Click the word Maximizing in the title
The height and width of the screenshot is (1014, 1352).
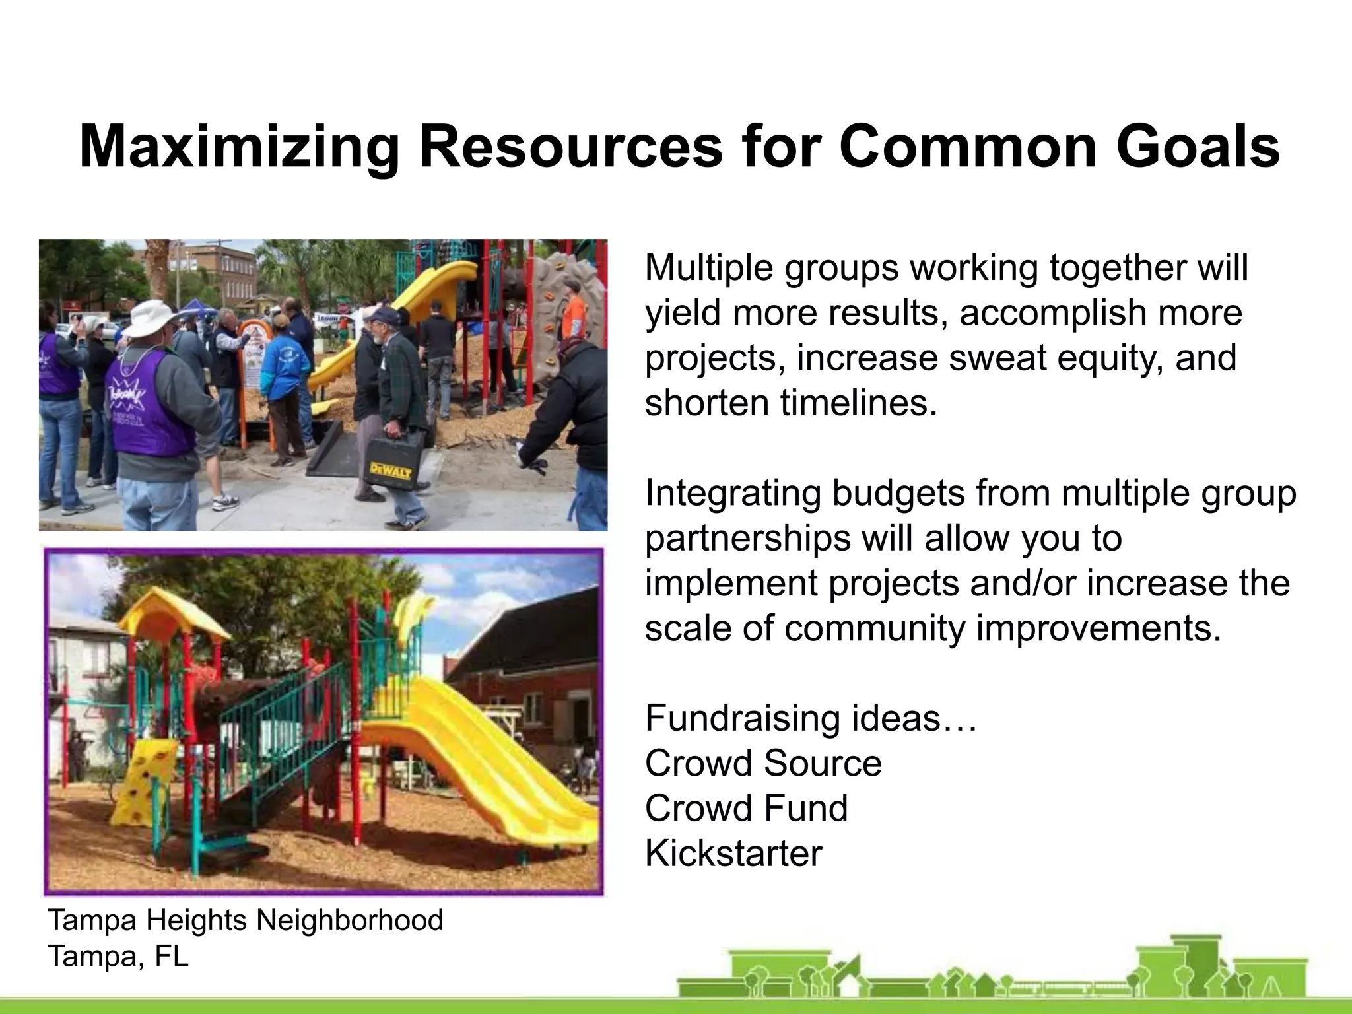click(x=239, y=147)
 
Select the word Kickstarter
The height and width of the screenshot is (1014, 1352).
click(x=733, y=853)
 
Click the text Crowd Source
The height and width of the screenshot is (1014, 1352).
click(x=762, y=763)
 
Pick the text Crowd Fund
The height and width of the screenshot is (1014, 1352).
click(x=746, y=808)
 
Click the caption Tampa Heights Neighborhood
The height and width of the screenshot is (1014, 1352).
click(x=245, y=920)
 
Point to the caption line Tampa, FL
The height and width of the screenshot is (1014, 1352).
click(x=118, y=956)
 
